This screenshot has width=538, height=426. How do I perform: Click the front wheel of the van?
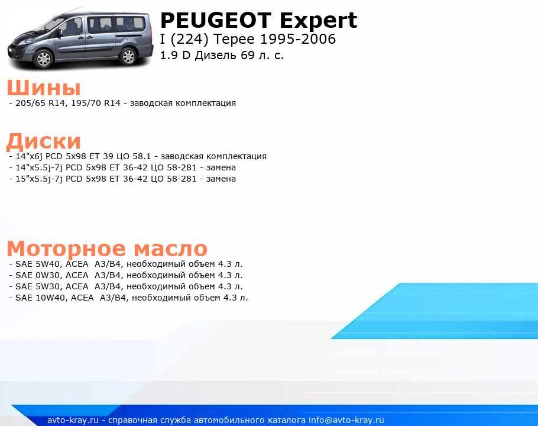click(44, 59)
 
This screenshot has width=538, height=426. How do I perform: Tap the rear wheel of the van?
click(128, 56)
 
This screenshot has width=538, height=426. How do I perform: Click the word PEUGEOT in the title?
click(216, 21)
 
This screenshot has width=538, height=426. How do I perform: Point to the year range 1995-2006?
click(298, 39)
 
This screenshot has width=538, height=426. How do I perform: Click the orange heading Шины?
click(44, 88)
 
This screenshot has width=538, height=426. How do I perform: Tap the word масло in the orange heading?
click(170, 248)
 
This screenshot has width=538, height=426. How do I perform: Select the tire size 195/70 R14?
click(96, 103)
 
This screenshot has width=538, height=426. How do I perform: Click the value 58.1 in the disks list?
click(142, 156)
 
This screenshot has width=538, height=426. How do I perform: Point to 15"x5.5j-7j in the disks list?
click(39, 179)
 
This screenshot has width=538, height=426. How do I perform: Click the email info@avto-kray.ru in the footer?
click(346, 420)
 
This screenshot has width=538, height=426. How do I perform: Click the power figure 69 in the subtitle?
click(247, 55)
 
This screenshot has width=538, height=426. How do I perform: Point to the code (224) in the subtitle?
click(189, 40)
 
